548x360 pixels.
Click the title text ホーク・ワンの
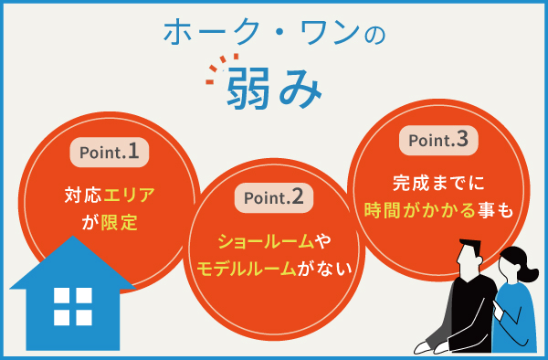[274, 33]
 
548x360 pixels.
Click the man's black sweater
[467, 311]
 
